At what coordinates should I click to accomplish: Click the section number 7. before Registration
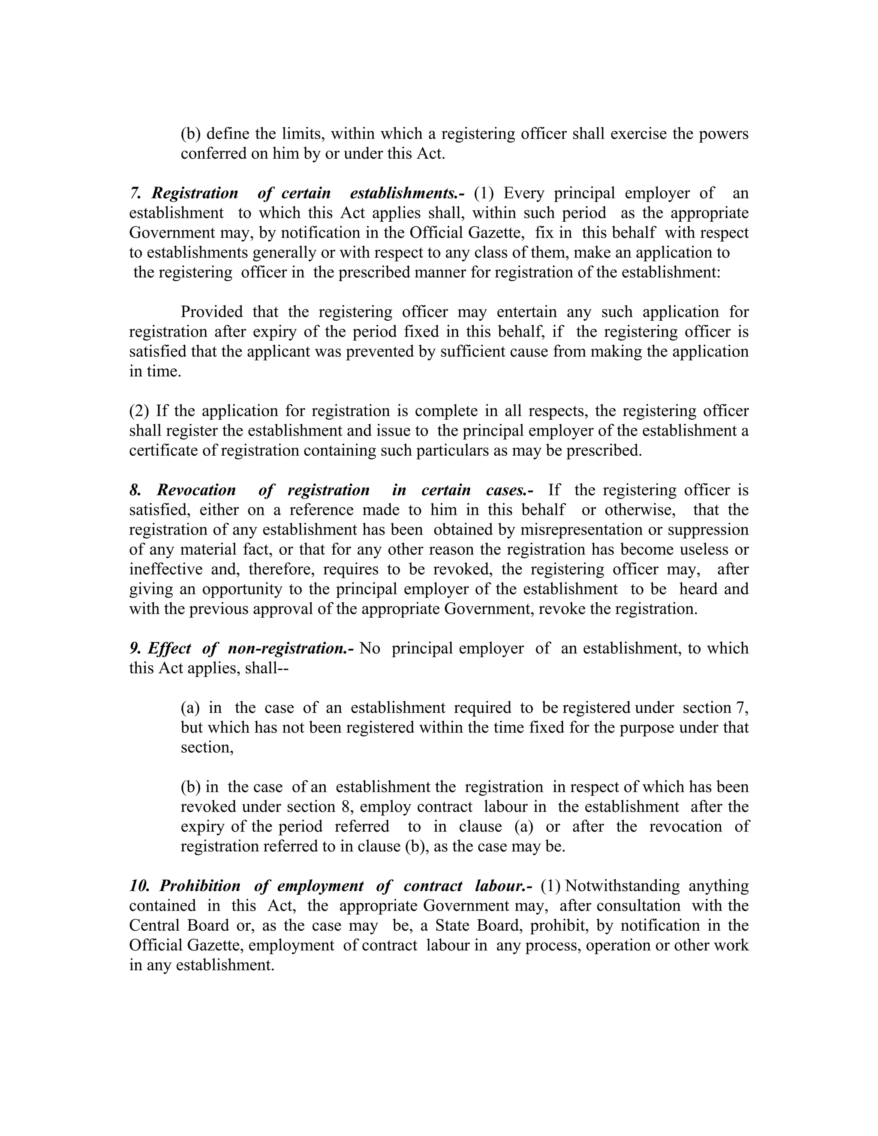click(x=135, y=193)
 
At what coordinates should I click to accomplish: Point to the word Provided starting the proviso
click(x=212, y=312)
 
